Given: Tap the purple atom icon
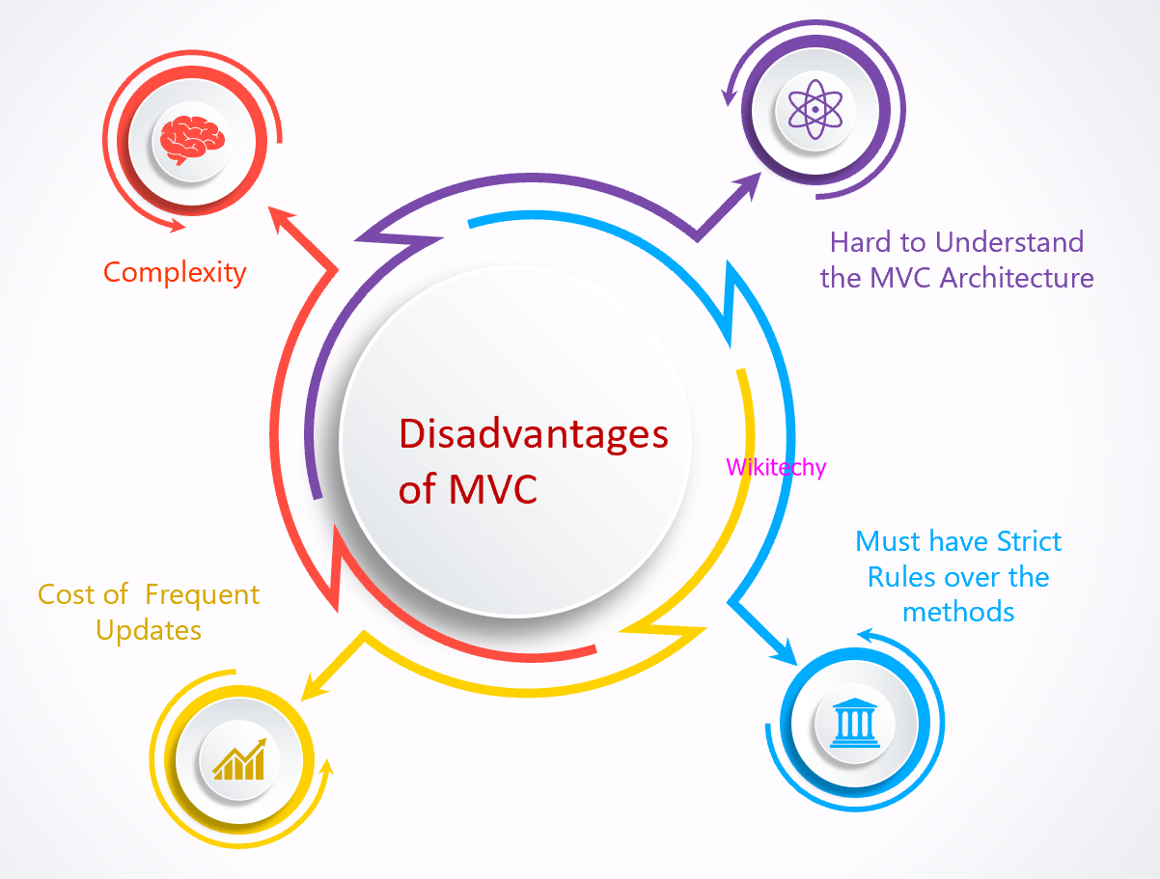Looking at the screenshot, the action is click(x=815, y=109).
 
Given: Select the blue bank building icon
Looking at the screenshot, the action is click(x=854, y=723).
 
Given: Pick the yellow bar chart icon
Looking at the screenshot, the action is click(x=239, y=759).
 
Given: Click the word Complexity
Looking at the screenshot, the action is click(x=175, y=273).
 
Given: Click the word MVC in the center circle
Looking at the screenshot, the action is click(x=493, y=490).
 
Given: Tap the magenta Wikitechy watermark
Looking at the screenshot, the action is click(x=776, y=468).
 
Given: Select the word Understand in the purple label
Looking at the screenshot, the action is click(x=1009, y=242).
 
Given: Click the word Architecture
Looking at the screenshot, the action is click(x=1016, y=278).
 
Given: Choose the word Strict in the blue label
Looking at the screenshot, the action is click(x=1029, y=541).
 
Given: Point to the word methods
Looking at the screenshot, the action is click(x=958, y=613).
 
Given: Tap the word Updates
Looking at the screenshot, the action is click(x=149, y=631).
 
